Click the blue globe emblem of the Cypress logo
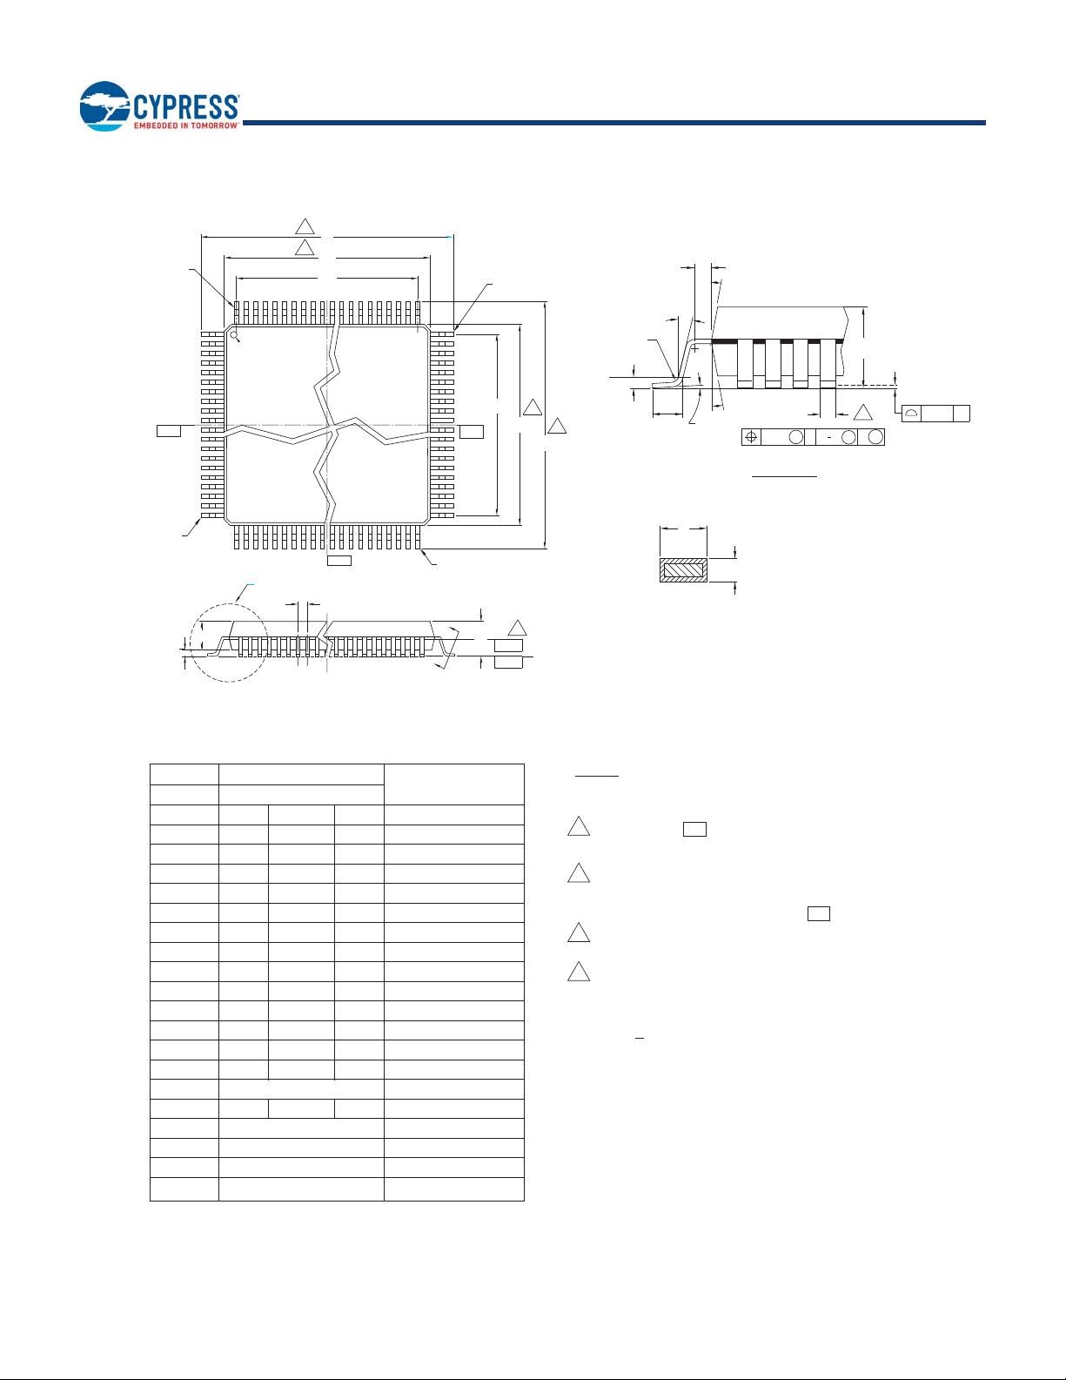point(105,106)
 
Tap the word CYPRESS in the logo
point(186,107)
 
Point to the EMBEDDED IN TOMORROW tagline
point(186,125)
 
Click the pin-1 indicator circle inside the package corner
point(233,334)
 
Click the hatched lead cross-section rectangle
point(683,570)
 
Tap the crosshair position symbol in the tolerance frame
point(751,437)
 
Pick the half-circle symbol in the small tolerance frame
point(911,414)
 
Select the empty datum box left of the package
point(169,431)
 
